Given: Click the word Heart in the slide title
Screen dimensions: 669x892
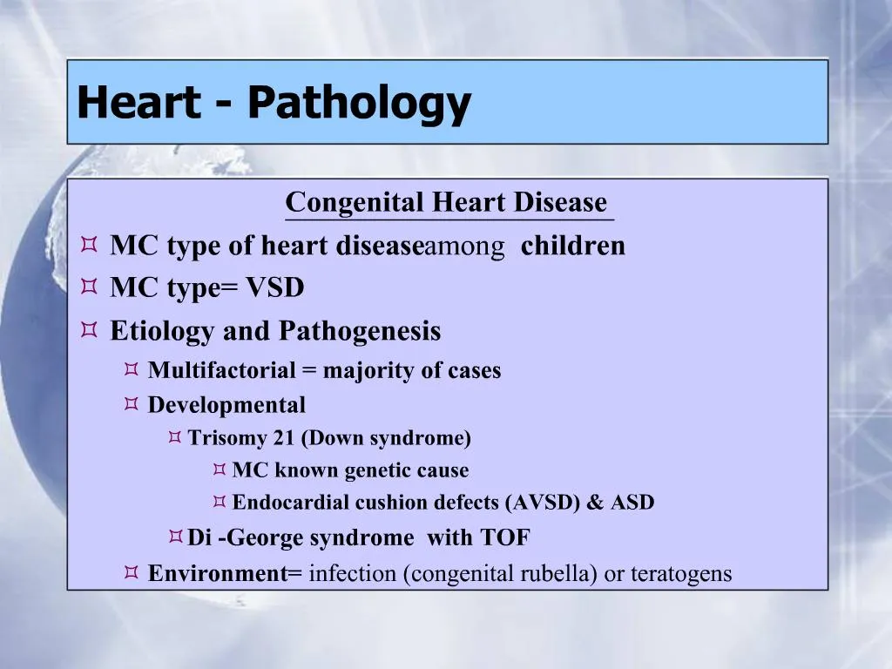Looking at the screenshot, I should (x=138, y=103).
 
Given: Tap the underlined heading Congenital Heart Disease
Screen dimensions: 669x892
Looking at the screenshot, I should (x=446, y=202).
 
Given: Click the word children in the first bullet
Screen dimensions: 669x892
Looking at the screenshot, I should (x=573, y=246).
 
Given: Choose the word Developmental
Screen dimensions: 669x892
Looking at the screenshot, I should (x=226, y=405).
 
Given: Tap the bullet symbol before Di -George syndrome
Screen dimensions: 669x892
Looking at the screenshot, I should (x=175, y=536).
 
